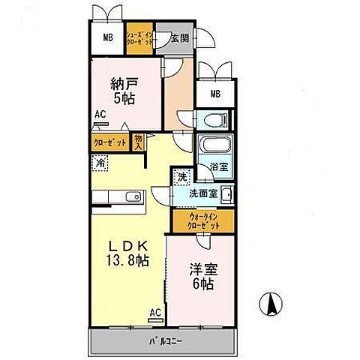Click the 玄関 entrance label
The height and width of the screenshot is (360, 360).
[x=180, y=40]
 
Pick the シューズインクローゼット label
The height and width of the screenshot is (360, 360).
[x=140, y=39]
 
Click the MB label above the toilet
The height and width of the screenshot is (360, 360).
[x=216, y=94]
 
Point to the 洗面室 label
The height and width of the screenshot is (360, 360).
[x=203, y=193]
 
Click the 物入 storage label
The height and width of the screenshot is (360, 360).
[x=139, y=140]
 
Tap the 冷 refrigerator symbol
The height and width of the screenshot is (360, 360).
[x=100, y=160]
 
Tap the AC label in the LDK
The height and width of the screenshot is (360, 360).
[x=155, y=312]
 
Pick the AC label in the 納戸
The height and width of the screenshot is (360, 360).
[x=100, y=115]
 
